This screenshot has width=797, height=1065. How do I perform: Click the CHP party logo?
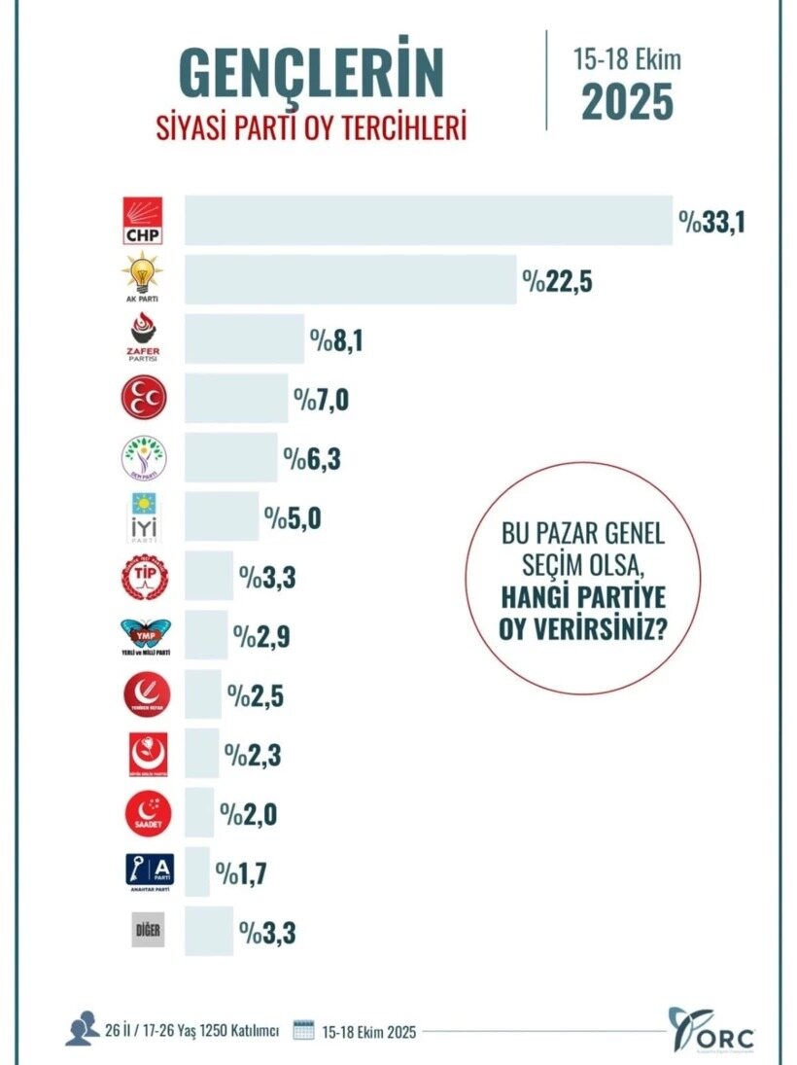142,221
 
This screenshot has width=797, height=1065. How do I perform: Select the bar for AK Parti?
351,280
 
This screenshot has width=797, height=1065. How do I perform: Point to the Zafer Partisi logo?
142,338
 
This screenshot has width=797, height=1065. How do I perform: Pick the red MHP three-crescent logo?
142,398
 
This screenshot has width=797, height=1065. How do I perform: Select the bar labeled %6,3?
231,457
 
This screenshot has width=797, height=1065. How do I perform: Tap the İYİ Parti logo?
142,516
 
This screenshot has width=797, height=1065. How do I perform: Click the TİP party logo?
142,577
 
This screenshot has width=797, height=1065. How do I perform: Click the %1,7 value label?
242,873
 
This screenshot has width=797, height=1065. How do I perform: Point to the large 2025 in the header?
627,102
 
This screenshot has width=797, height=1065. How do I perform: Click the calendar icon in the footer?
303,1030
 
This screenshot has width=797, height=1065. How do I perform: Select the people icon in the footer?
82,1028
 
